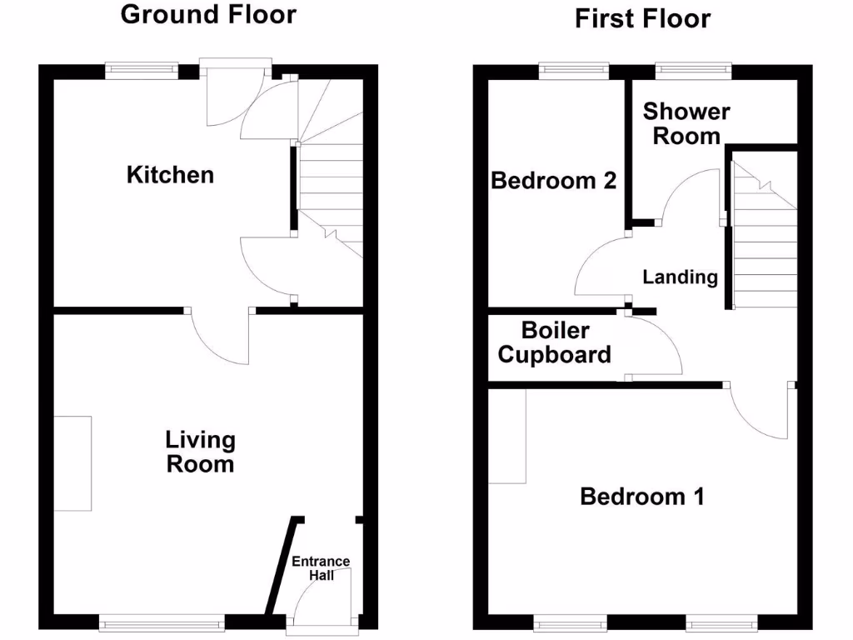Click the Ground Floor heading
click(208, 14)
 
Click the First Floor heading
click(642, 18)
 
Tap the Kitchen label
click(170, 175)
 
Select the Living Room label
click(200, 451)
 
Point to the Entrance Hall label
click(321, 567)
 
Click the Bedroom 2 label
click(554, 180)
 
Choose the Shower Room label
click(686, 123)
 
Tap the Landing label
click(680, 277)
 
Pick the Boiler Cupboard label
click(554, 342)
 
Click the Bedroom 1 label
click(642, 497)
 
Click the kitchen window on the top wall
click(142, 72)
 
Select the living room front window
click(162, 622)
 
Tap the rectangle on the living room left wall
click(72, 463)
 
